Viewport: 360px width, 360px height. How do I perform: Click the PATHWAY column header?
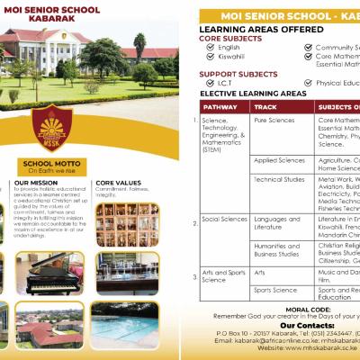coord(220,105)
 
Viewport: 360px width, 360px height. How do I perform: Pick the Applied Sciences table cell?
coord(279,160)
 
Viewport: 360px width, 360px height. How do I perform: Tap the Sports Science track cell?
coord(275,291)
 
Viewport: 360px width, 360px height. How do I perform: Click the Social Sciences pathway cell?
coord(225,219)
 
